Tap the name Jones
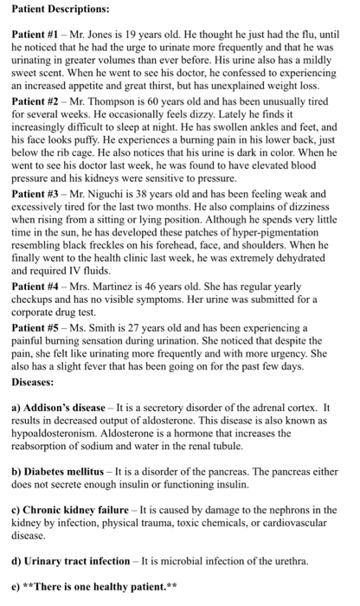coord(113,31)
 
